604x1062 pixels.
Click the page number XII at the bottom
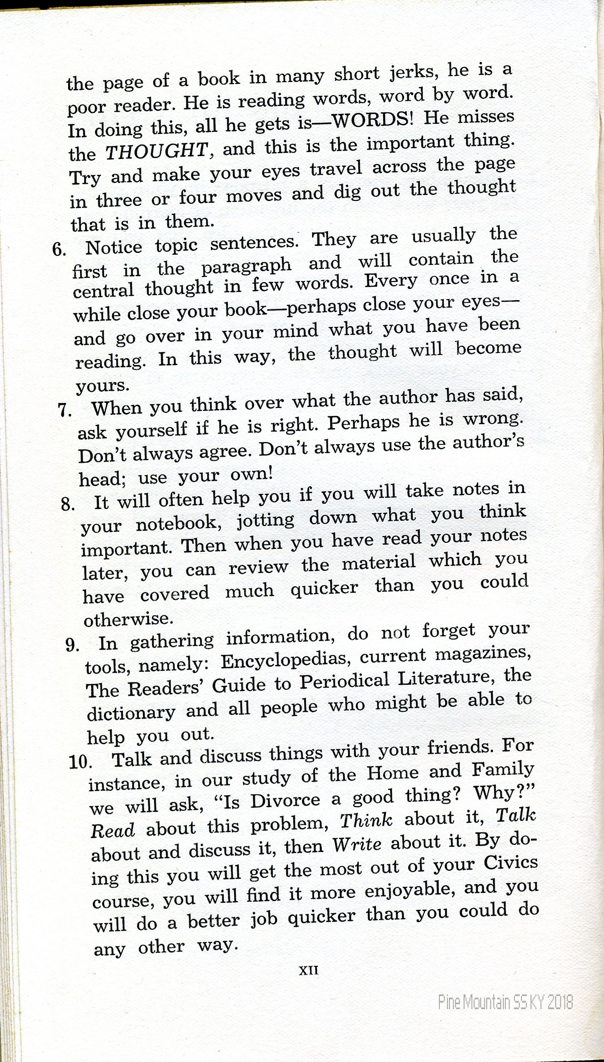[309, 970]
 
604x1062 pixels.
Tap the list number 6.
[59, 249]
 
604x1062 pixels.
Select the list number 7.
[65, 410]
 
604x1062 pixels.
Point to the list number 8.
[68, 504]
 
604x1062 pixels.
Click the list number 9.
[72, 645]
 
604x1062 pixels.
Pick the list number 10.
[80, 762]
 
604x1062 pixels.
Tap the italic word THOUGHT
[157, 150]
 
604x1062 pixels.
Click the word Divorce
[285, 801]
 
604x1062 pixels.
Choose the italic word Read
[113, 830]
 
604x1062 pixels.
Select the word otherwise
[128, 619]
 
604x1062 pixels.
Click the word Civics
[511, 864]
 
